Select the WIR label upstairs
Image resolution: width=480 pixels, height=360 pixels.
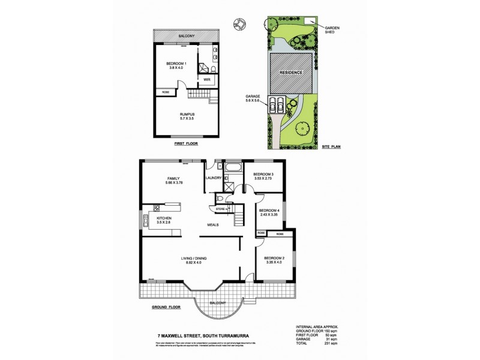(206, 79)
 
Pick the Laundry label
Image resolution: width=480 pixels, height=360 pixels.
(214, 178)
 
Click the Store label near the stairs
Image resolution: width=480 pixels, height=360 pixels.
(220, 209)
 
